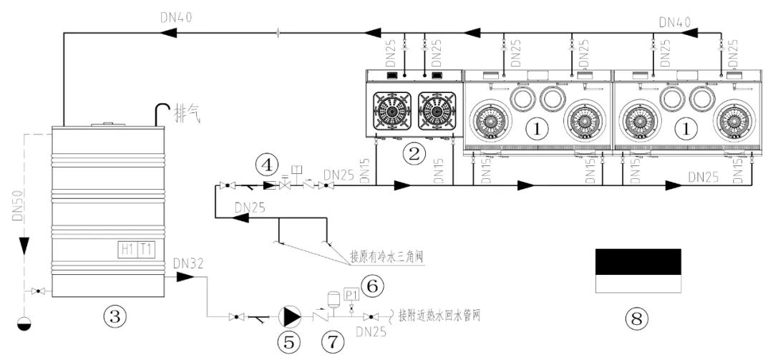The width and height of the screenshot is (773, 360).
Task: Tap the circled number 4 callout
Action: point(267,165)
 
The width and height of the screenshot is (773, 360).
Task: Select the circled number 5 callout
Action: point(289,341)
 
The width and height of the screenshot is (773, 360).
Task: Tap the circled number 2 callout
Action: point(413,152)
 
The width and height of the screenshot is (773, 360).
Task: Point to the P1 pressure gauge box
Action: point(351,293)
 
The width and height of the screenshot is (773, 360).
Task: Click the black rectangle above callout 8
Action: point(638,262)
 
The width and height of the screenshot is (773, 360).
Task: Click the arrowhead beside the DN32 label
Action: point(184,276)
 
